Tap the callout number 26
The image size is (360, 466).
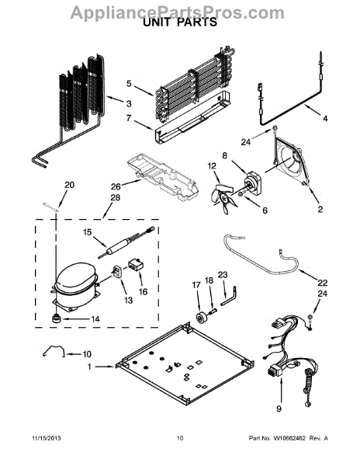coord(115,186)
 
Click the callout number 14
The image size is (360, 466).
coord(96,318)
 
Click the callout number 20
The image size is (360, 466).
coord(70,185)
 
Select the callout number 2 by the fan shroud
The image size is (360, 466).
coord(318,209)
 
